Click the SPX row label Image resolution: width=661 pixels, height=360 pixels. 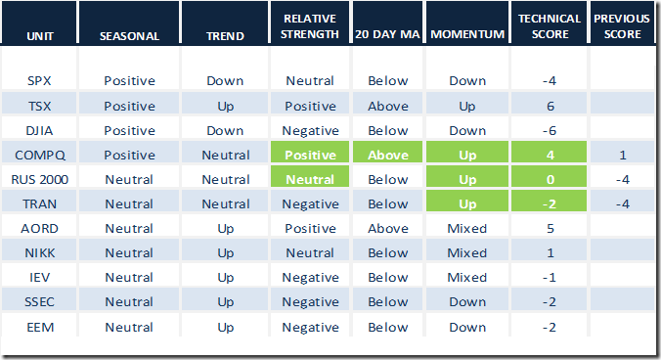tap(39, 80)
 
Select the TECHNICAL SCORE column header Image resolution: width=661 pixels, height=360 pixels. tap(550, 26)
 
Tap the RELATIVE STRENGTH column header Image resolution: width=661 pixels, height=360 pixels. tap(310, 26)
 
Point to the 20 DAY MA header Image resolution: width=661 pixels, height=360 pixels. tap(387, 34)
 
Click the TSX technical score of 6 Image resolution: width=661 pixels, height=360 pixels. tap(551, 106)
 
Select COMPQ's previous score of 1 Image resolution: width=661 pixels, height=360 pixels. tap(623, 156)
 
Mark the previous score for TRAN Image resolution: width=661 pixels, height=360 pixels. tap(623, 204)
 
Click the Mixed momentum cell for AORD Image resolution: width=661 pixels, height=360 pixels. tap(467, 229)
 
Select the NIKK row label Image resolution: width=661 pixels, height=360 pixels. tap(40, 253)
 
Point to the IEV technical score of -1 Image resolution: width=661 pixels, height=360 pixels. tap(549, 278)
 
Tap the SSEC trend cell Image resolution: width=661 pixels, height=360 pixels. tap(226, 302)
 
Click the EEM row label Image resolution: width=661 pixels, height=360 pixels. tap(40, 327)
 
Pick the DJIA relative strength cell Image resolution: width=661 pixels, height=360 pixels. tap(310, 131)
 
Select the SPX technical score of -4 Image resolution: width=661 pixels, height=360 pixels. tap(549, 80)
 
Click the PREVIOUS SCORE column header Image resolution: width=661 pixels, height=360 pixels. tap(622, 26)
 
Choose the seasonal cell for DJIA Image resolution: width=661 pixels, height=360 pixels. tap(129, 131)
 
